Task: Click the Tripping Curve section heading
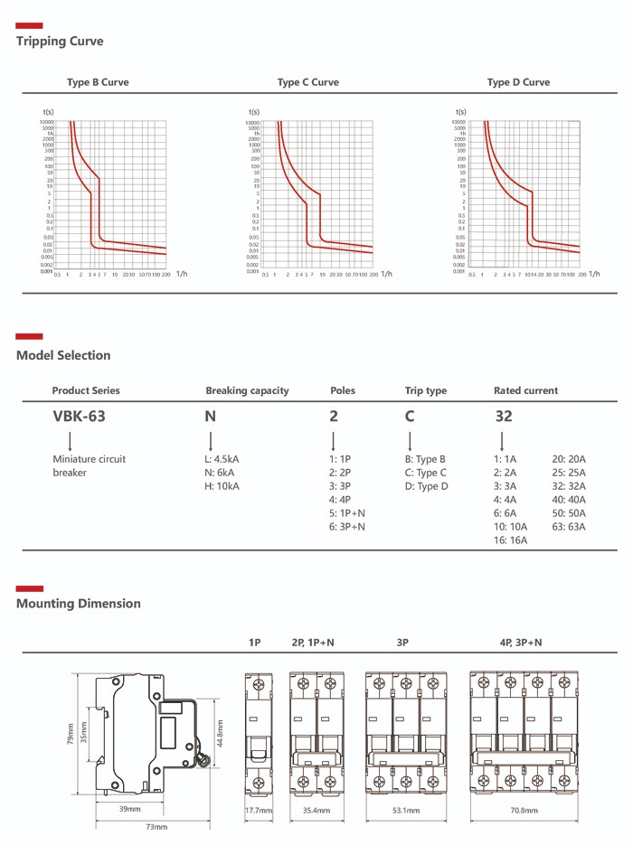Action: click(60, 42)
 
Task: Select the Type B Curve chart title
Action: click(98, 82)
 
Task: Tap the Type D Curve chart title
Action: click(518, 82)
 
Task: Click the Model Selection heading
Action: click(63, 355)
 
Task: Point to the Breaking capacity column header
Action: click(247, 390)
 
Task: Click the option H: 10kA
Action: click(222, 486)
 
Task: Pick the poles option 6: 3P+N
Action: click(346, 526)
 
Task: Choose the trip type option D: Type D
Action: click(426, 486)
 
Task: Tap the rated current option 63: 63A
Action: click(569, 526)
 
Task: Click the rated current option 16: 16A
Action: click(511, 540)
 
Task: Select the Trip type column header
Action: click(425, 390)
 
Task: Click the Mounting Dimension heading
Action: click(79, 603)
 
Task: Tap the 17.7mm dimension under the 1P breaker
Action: click(258, 811)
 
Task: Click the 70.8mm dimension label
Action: click(524, 811)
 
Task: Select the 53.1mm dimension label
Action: click(406, 811)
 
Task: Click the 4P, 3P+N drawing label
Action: click(521, 643)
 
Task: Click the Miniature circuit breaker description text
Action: click(89, 465)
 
